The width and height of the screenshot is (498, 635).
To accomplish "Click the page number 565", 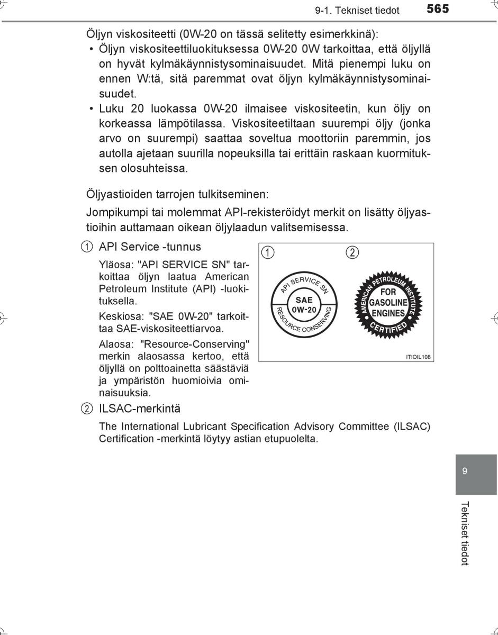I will coord(437,9).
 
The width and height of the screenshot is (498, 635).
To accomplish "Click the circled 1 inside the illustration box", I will coord(269,252).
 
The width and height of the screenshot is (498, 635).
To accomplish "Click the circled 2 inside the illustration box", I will coord(352,252).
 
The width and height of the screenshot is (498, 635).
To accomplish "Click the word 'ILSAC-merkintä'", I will coord(140,409).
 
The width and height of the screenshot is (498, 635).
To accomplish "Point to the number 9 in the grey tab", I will coord(464,471).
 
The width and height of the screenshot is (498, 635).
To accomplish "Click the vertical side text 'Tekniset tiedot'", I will coord(465,533).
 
